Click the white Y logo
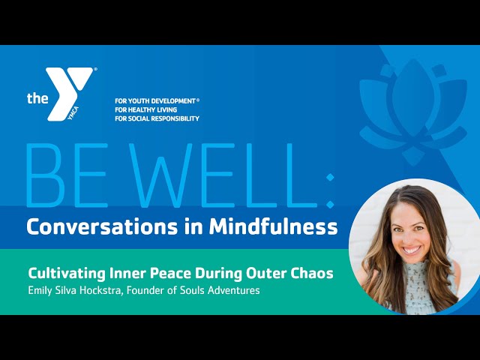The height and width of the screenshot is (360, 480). pyautogui.click(x=69, y=91)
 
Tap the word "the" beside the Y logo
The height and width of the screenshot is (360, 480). pyautogui.click(x=37, y=98)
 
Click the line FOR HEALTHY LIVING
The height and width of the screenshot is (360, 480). pyautogui.click(x=146, y=109)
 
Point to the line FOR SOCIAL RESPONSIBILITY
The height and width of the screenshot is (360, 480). pyautogui.click(x=157, y=118)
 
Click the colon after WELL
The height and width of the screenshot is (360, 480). pyautogui.click(x=330, y=191)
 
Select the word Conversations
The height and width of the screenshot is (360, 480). pyautogui.click(x=102, y=226)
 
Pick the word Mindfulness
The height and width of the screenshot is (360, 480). pyautogui.click(x=273, y=226)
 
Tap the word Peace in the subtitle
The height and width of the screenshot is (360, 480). pyautogui.click(x=170, y=273)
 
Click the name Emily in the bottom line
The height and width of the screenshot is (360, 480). pyautogui.click(x=39, y=290)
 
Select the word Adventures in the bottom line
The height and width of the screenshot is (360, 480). pyautogui.click(x=234, y=290)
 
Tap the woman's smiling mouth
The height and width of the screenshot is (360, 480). pyautogui.click(x=411, y=250)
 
